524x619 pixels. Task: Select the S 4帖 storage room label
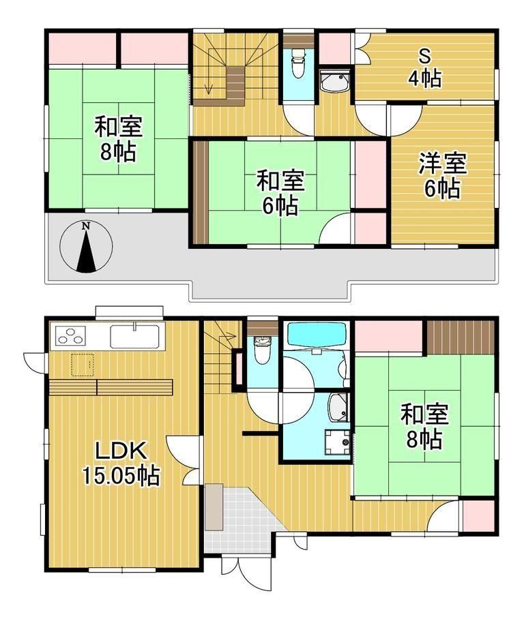click(x=425, y=68)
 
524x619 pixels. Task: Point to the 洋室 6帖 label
click(x=443, y=176)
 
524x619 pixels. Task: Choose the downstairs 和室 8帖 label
click(x=424, y=427)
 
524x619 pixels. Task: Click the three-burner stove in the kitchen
click(x=71, y=335)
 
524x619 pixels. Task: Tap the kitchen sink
click(x=135, y=336)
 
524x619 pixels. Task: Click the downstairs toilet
click(x=261, y=349)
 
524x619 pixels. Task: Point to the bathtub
click(x=317, y=335)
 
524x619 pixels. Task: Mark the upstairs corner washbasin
click(x=334, y=82)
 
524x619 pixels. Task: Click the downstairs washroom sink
click(x=338, y=408)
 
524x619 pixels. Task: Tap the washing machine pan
click(x=337, y=442)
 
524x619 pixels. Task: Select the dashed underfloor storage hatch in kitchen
click(x=83, y=365)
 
